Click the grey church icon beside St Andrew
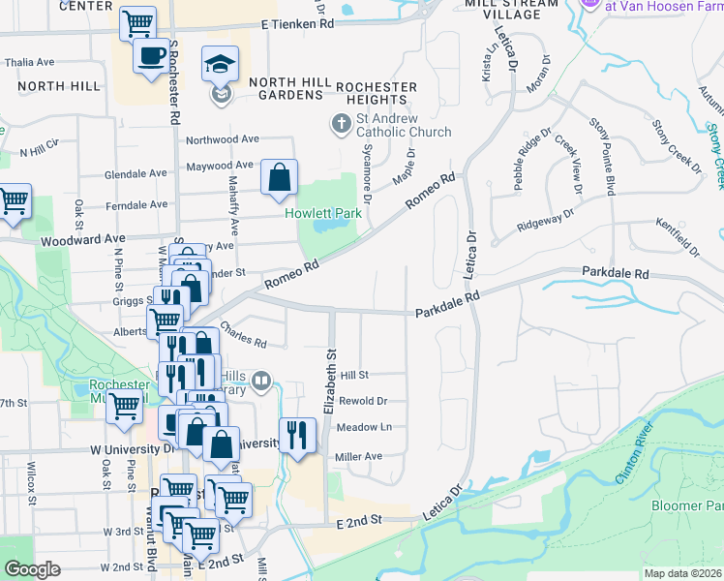340,124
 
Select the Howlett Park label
316,212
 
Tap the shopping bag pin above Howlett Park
279,178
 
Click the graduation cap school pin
220,65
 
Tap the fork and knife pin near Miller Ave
297,436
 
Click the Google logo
32,568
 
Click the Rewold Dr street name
364,401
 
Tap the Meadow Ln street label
364,427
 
